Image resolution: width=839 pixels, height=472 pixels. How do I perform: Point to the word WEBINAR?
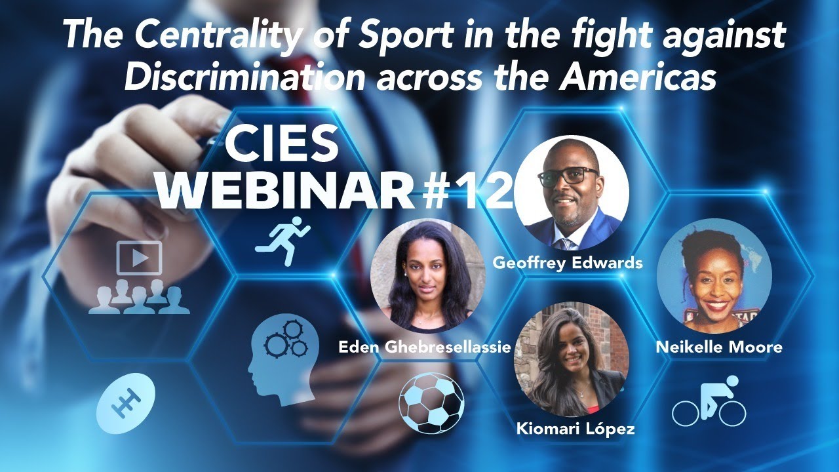click(x=288, y=190)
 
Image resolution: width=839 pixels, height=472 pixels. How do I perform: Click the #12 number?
click(x=469, y=191)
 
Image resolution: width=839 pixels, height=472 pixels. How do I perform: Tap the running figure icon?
click(x=283, y=240)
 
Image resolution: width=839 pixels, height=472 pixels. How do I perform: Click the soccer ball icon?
click(x=431, y=403)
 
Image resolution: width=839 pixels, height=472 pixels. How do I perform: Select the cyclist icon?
click(x=709, y=401)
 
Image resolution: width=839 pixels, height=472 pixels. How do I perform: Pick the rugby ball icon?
click(x=126, y=399)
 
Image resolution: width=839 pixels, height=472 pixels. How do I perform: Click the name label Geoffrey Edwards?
click(x=568, y=264)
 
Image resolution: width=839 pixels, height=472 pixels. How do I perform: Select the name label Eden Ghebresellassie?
click(x=424, y=347)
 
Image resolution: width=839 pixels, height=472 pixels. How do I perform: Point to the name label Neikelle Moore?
click(x=719, y=347)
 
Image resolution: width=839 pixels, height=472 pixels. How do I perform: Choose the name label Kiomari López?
click(x=576, y=430)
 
